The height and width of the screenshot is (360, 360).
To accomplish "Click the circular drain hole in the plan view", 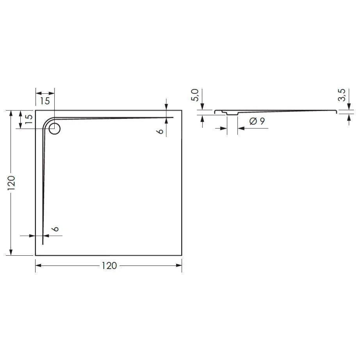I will (x=55, y=128).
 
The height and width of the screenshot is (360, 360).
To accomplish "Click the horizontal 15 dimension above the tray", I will (x=45, y=101).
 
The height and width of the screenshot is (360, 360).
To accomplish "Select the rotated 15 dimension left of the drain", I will (x=29, y=119).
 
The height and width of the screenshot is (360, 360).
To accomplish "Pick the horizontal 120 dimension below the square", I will (x=109, y=266).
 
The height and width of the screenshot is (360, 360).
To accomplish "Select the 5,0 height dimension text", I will (x=196, y=95).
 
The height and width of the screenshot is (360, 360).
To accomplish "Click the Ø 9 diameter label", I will (x=257, y=121).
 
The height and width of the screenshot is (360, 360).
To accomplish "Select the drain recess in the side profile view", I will (x=232, y=114).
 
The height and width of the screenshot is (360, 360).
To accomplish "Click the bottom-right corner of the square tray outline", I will (x=182, y=255).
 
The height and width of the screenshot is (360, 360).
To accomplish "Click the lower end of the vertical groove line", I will (x=43, y=244).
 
